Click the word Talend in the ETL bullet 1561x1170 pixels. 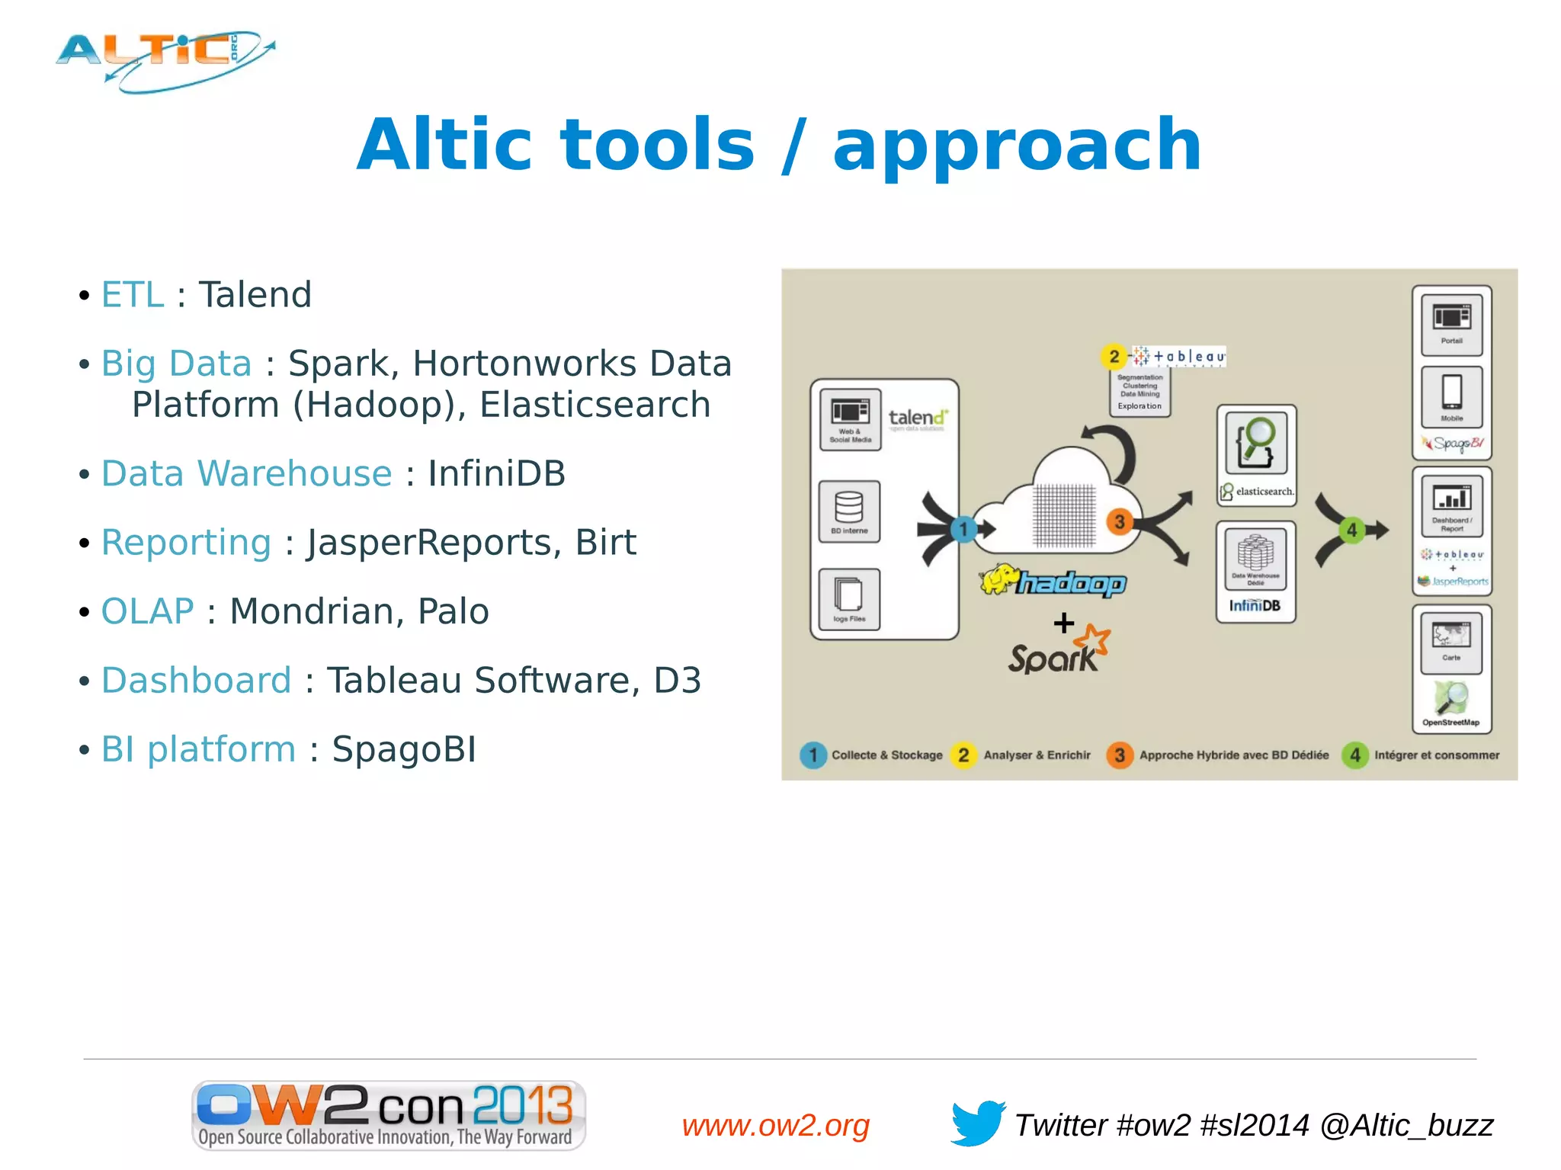[x=255, y=295]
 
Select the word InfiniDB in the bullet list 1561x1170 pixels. [x=496, y=473]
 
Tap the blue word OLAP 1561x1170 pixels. [x=148, y=611]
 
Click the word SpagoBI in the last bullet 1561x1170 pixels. [x=404, y=749]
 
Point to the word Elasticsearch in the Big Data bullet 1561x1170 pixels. [x=595, y=405]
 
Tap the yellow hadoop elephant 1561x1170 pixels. [x=998, y=580]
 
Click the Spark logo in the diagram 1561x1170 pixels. [x=1058, y=652]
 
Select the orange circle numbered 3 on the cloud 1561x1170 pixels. [x=1119, y=522]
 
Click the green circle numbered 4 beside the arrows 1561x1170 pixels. [x=1351, y=530]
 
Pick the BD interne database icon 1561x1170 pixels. [x=849, y=511]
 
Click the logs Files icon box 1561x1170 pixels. [x=849, y=599]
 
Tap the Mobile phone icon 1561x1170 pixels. [x=1451, y=396]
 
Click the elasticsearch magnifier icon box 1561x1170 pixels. [x=1256, y=444]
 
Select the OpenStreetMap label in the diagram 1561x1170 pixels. [x=1450, y=723]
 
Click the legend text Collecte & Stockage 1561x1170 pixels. [x=886, y=755]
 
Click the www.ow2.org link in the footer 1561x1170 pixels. [x=775, y=1125]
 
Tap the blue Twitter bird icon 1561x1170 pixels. [x=977, y=1122]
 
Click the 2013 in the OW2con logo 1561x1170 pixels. [x=522, y=1104]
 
